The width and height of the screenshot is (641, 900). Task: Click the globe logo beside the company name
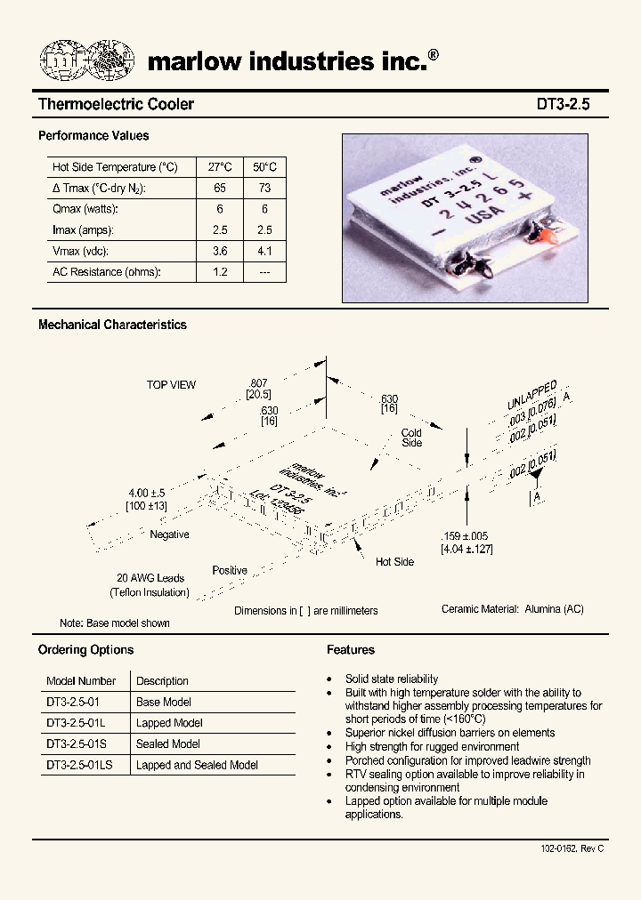pos(86,60)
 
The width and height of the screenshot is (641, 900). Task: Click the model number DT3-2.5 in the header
pos(563,104)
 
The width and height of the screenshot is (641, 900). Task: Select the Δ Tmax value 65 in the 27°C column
pos(220,188)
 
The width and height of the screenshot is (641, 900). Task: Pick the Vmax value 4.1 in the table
pos(264,251)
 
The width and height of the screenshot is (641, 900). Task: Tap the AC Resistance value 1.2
pos(220,272)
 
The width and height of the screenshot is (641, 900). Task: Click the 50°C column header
pos(264,167)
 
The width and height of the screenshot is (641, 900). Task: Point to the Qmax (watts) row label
pos(85,209)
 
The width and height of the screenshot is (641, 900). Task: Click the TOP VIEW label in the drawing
pos(171,385)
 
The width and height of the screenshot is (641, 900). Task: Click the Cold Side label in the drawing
pos(411,438)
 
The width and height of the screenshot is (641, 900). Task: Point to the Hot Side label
pos(394,562)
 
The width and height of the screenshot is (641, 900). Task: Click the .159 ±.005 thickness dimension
pos(465,536)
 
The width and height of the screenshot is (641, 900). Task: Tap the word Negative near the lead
pos(169,534)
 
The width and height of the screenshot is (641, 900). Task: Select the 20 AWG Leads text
pos(150,578)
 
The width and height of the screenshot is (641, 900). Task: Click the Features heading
pos(351,650)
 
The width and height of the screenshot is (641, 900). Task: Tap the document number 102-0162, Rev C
pos(572,848)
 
